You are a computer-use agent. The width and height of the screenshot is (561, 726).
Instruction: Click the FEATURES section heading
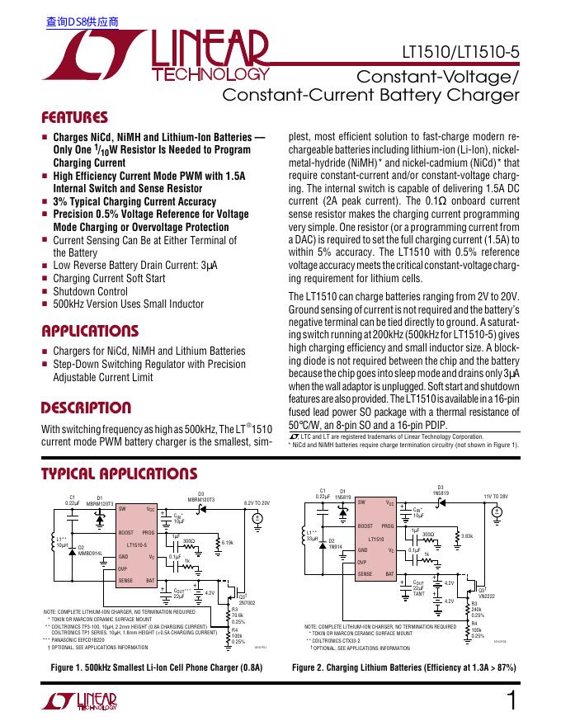click(x=75, y=117)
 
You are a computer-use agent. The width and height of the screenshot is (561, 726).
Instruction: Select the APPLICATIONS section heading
click(x=90, y=331)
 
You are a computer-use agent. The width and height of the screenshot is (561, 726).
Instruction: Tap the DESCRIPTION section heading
click(x=86, y=408)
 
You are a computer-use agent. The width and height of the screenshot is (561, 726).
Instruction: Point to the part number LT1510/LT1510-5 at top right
click(x=460, y=52)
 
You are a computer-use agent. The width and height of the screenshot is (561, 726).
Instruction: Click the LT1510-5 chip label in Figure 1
click(x=137, y=545)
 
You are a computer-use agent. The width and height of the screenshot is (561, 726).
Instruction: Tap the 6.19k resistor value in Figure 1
click(x=229, y=542)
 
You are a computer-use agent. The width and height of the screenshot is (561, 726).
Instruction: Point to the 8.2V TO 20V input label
click(x=257, y=502)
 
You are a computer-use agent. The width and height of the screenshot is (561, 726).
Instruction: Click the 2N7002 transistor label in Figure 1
click(x=247, y=603)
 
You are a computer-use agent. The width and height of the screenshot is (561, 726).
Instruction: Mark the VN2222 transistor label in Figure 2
click(x=487, y=596)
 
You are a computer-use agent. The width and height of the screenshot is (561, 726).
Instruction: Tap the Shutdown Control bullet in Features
click(x=91, y=291)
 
